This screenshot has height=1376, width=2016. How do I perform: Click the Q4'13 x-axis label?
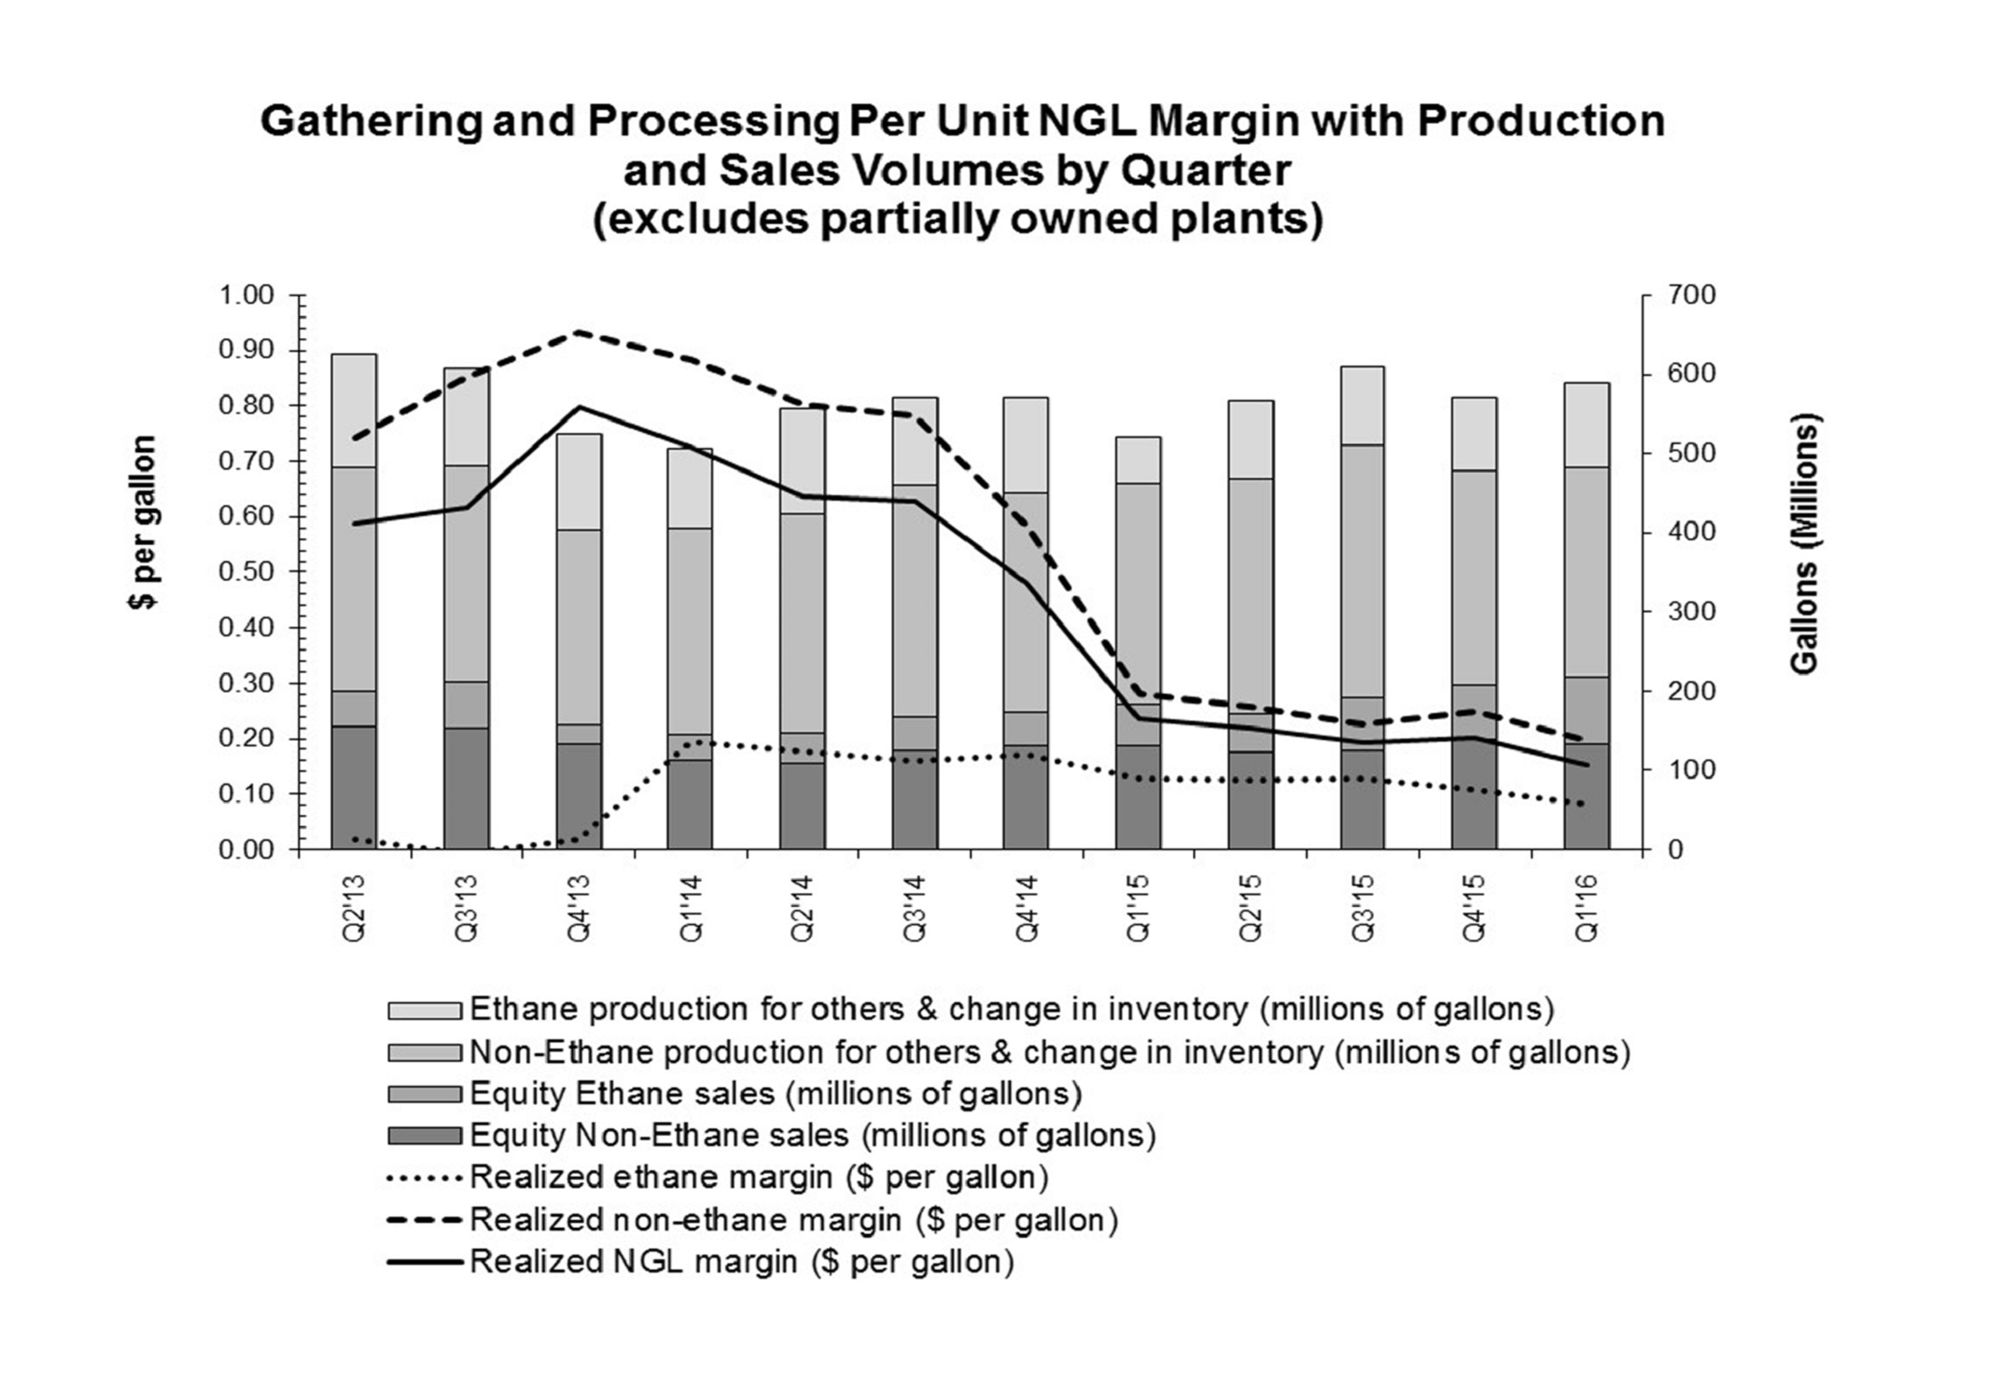point(579,908)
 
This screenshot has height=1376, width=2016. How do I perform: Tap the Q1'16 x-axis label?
point(1587,908)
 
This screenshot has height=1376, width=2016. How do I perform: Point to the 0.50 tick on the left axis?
point(246,571)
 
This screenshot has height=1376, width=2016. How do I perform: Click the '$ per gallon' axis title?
point(143,522)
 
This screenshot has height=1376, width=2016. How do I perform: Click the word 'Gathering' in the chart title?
point(371,120)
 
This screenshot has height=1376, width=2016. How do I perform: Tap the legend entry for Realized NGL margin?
point(742,1261)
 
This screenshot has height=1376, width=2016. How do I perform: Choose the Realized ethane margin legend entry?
point(758,1176)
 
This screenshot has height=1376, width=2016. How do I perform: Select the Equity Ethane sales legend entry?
point(776,1093)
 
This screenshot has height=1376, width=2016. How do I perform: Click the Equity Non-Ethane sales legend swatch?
point(424,1136)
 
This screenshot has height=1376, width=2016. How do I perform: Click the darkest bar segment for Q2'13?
point(354,787)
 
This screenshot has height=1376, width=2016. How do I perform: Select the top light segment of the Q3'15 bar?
point(1362,406)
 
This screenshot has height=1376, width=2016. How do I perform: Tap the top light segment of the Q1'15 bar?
point(1138,460)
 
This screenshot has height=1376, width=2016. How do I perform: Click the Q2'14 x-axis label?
point(803,908)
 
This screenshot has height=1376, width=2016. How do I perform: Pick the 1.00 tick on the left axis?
point(246,295)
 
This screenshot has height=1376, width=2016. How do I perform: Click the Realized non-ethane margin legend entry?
point(793,1219)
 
